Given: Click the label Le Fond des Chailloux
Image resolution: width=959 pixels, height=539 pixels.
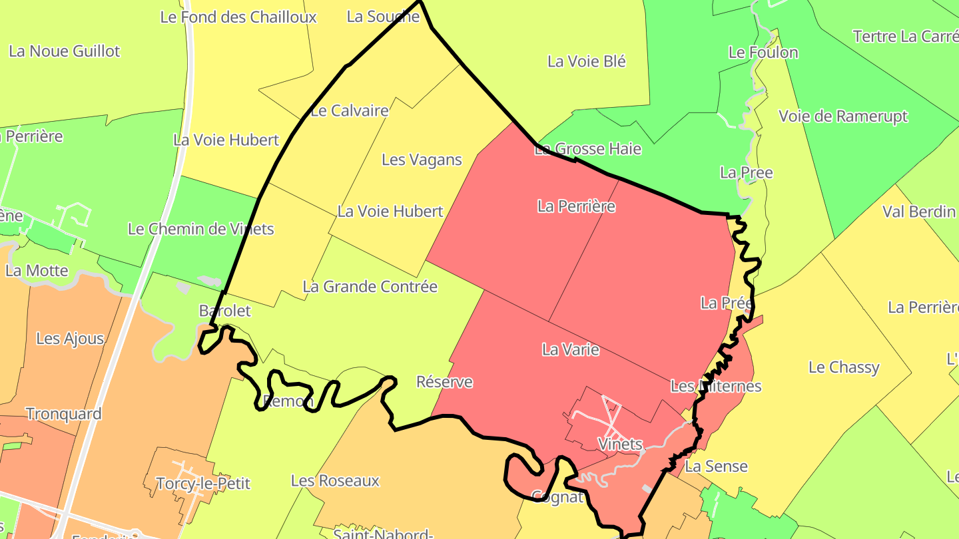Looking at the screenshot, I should click(238, 17).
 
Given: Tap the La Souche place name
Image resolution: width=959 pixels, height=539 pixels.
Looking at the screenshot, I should click(383, 17).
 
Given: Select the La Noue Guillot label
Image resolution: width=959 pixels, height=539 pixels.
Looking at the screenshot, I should click(64, 51).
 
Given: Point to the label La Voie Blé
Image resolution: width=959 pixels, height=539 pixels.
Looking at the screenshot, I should click(586, 61).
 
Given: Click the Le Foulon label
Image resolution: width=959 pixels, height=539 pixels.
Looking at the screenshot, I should click(763, 52).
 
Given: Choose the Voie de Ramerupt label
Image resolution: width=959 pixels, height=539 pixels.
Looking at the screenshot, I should click(843, 116).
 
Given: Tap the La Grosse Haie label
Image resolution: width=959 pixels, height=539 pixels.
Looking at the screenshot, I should click(588, 149).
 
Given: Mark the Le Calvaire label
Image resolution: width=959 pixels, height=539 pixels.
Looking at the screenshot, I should click(349, 111).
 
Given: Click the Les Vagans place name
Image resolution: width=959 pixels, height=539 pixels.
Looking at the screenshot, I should click(422, 160).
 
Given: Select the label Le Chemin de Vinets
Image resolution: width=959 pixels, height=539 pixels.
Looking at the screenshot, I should click(200, 229).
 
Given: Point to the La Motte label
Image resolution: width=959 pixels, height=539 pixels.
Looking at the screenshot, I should click(37, 271).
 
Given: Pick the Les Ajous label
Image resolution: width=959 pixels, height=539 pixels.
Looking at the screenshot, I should click(69, 338).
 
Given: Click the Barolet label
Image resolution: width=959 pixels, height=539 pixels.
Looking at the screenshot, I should click(225, 311).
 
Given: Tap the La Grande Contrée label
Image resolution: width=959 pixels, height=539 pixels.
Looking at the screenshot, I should click(370, 287).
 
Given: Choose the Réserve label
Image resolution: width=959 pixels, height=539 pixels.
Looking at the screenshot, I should click(444, 382).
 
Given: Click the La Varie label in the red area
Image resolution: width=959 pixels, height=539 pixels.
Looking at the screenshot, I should click(570, 349).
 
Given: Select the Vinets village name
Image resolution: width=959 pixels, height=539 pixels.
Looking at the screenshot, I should click(619, 444).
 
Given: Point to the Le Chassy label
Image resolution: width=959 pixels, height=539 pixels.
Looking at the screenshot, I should click(843, 367).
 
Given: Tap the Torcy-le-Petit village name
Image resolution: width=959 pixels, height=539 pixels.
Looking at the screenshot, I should click(202, 483).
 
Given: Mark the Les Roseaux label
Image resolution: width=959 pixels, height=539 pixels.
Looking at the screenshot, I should click(335, 480).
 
